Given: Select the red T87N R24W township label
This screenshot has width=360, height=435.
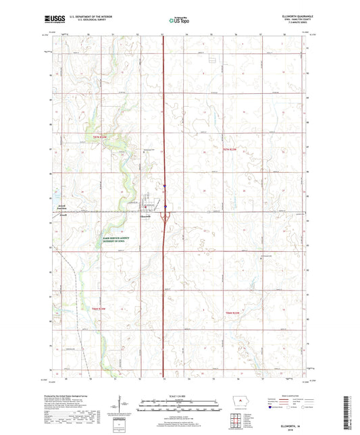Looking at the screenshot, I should tap(100, 136).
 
